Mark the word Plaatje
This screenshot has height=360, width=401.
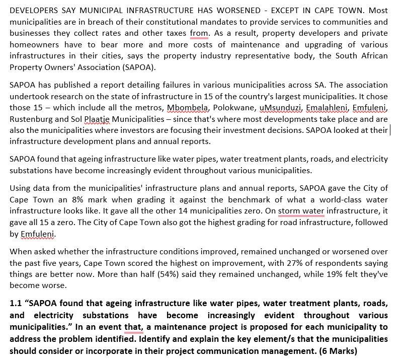coord(98,119)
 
